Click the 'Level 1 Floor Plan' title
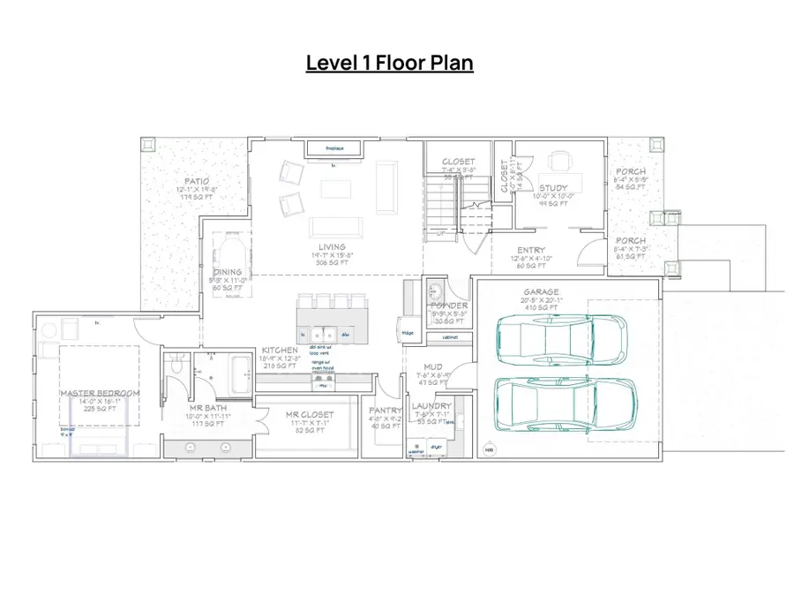[x=389, y=63]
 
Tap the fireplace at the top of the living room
[x=334, y=148]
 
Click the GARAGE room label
[x=540, y=292]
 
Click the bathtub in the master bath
[x=240, y=374]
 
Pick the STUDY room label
[x=553, y=188]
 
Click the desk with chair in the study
[x=559, y=162]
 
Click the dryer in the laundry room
[x=436, y=449]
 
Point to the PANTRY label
[x=386, y=411]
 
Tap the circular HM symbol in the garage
[x=489, y=450]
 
